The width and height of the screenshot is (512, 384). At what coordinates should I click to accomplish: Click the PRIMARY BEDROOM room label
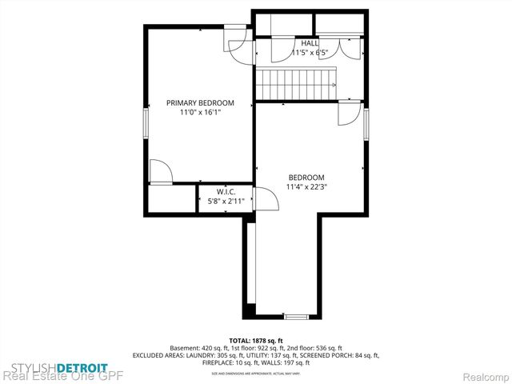[x=200, y=102]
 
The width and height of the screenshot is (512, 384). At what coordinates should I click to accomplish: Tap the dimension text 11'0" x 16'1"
[x=200, y=113]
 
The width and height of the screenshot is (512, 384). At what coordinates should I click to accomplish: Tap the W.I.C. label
[x=225, y=192]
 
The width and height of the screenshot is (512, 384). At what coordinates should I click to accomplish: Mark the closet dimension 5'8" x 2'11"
[x=225, y=202]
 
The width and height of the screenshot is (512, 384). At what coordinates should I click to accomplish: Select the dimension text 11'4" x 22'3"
[x=306, y=187]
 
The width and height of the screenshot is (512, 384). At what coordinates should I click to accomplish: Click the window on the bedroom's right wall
[x=366, y=125]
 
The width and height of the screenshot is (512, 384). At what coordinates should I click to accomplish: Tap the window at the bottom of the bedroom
[x=296, y=318]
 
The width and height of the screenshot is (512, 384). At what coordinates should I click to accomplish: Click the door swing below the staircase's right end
[x=348, y=113]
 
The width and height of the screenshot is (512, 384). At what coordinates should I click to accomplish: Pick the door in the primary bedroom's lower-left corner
[x=160, y=172]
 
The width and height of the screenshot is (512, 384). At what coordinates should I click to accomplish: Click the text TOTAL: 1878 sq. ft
[x=256, y=340]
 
